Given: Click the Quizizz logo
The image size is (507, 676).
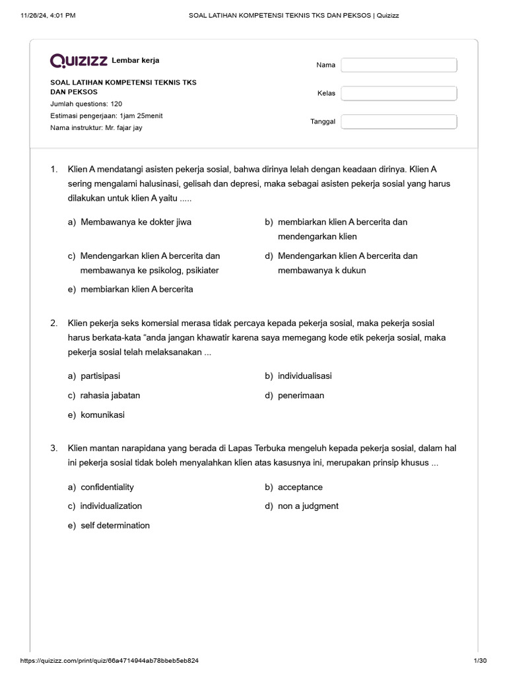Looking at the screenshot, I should point(79,61).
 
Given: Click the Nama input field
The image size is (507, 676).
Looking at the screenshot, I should point(399,65).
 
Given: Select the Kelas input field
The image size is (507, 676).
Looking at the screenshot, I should point(399,93).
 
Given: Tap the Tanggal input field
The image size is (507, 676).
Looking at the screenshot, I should point(399,121).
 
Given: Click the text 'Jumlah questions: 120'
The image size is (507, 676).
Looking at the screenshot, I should point(86,104).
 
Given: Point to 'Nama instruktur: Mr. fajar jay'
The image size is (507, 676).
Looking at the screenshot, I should point(96,127).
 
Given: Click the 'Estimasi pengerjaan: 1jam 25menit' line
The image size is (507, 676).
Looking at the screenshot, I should point(106,116).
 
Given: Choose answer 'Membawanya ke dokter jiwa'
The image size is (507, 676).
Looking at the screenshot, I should point(135,222).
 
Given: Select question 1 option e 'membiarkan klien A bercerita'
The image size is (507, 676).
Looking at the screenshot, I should point(137,289).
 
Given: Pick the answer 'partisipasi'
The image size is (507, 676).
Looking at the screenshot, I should point(100,376).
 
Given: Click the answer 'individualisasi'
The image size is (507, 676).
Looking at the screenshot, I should point(304,376).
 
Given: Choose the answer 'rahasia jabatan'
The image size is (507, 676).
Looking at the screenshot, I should point(110,395).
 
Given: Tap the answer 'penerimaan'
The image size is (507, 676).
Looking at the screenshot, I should point(300,395).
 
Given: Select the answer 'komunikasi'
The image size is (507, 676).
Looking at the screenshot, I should point(102,415).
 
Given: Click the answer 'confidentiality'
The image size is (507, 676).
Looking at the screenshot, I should point(107,487).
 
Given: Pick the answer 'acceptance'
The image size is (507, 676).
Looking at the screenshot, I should point(300,487).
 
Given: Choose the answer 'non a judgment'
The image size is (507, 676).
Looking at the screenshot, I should point(308,506).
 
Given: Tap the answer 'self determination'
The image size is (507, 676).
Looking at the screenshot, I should point(115,525).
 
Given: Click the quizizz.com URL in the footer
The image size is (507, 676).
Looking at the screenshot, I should point(110,660).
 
